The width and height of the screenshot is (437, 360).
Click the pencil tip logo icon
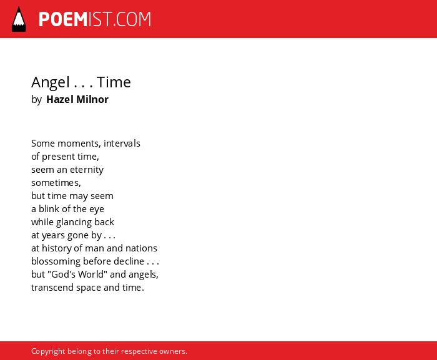tap(19, 19)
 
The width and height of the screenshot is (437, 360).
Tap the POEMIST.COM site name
tap(95, 19)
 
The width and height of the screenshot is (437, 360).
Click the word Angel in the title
tap(51, 82)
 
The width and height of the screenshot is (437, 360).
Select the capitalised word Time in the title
tap(114, 82)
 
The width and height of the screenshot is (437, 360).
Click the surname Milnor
tap(92, 99)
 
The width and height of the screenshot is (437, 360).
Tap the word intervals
tap(122, 144)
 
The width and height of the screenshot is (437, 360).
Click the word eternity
tap(87, 170)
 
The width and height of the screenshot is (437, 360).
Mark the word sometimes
tap(56, 183)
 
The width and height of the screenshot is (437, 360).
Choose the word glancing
tap(74, 222)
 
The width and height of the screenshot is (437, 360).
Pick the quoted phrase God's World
tap(77, 274)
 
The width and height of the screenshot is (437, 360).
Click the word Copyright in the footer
tap(48, 351)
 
